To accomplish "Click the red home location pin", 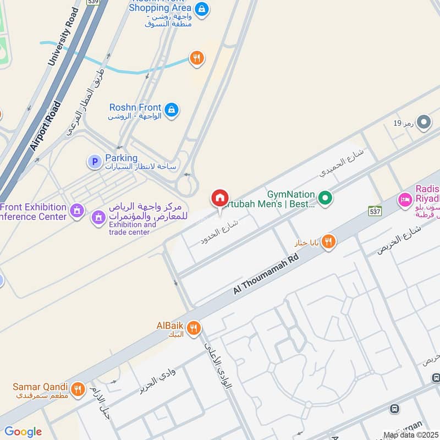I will pos(219,198).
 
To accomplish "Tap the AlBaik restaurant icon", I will pos(193,328).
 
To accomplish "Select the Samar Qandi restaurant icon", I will pos(78,388).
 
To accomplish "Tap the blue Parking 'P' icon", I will pos(95,162).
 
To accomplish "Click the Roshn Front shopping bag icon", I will pos(172,110).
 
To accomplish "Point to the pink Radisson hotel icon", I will pos(405,199).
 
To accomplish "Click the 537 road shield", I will pos(375,211).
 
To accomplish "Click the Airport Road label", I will pos(47,125).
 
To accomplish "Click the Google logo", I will pos(23,432).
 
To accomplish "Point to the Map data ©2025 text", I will pos(411,435).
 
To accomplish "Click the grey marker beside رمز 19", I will pos(423,123).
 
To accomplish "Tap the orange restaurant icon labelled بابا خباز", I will pos(328,241).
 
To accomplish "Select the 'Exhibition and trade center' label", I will pos(132,228).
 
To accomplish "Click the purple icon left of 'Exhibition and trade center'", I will pos(98,217).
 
